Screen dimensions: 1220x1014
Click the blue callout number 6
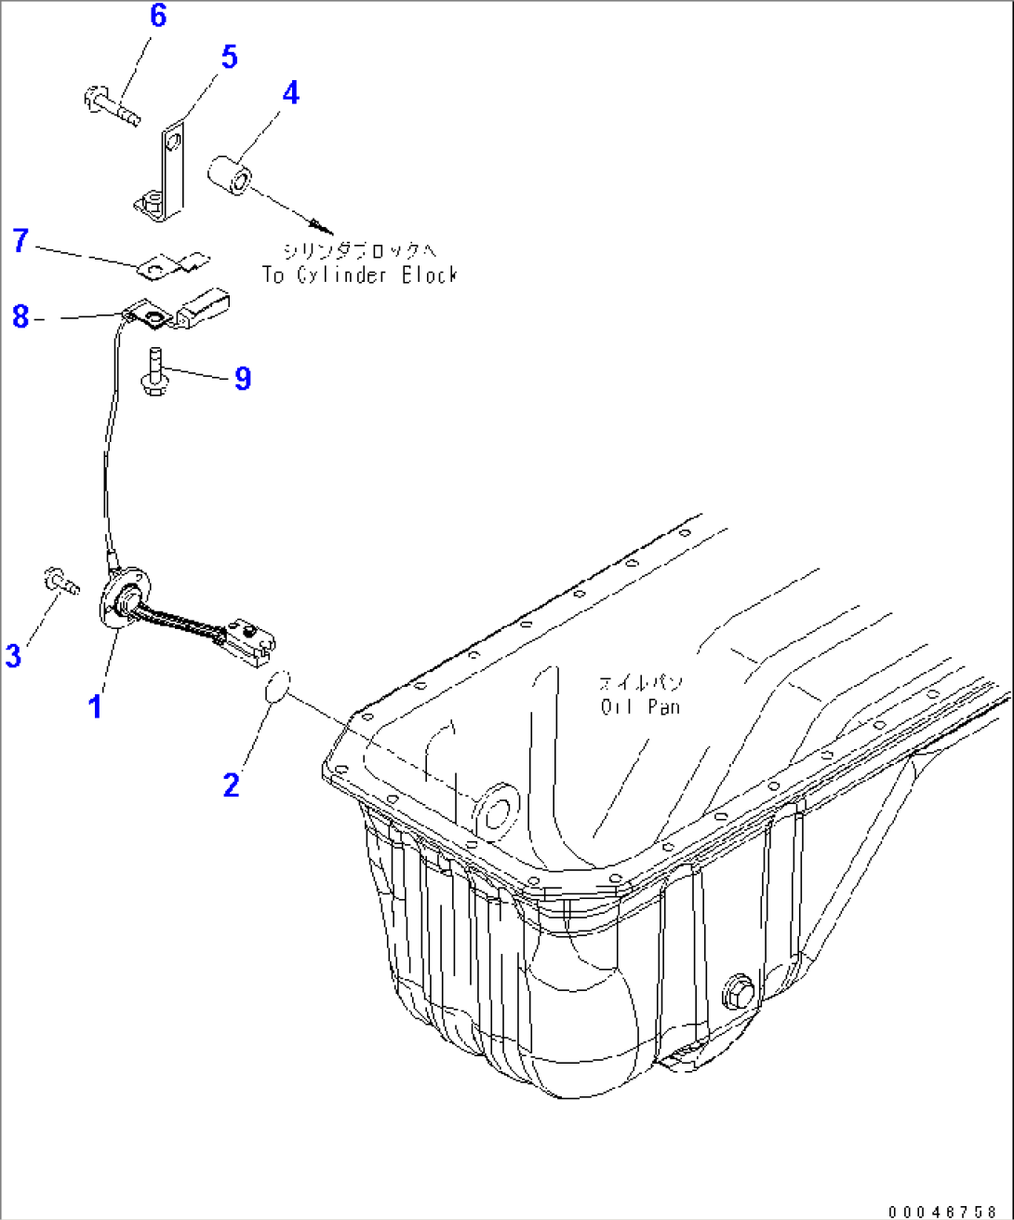[158, 16]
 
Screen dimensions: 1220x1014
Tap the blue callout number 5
[229, 57]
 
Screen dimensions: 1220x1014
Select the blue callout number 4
[290, 93]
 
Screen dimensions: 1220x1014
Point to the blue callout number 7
[20, 241]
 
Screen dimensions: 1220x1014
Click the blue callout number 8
[20, 316]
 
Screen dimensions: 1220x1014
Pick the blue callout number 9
[243, 378]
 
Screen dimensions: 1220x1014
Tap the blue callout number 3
[13, 656]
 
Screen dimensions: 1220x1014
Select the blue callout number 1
[94, 707]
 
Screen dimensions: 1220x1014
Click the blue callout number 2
[232, 785]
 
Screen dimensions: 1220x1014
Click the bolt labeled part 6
[111, 104]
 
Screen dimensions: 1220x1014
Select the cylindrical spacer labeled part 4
[228, 176]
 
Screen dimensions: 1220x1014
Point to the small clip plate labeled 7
[172, 266]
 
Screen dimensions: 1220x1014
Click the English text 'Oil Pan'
[640, 707]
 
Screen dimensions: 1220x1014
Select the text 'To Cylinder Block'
[360, 275]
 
